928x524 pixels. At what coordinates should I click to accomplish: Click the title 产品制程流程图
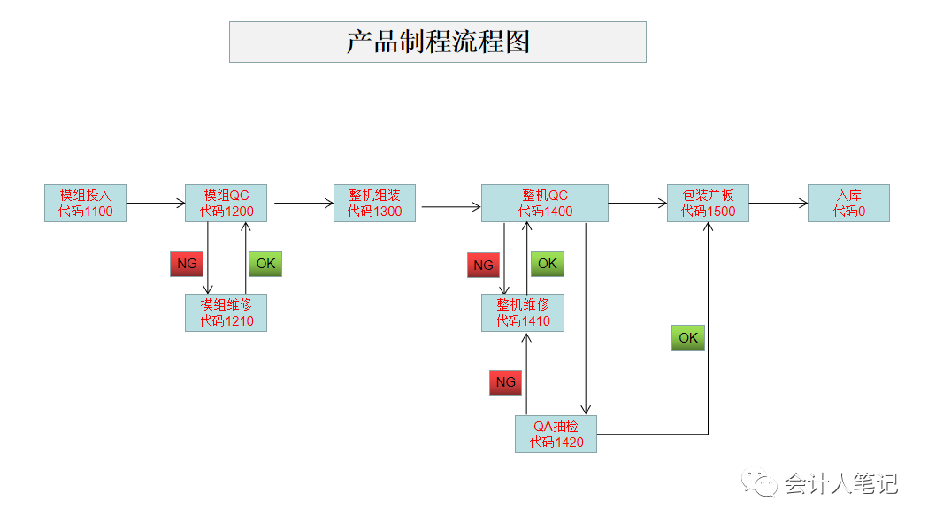coord(438,42)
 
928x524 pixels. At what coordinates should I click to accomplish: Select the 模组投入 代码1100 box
coord(85,203)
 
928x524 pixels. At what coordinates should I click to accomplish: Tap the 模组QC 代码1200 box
coord(226,203)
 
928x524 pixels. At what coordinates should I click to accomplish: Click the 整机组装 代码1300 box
coord(374,203)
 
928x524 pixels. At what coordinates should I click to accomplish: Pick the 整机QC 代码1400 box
coord(545,203)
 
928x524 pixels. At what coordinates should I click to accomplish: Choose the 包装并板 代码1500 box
coord(708,203)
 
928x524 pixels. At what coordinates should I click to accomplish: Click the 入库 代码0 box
coord(848,203)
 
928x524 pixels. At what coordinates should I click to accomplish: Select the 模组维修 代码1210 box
coord(226,312)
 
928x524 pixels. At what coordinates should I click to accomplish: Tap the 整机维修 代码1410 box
coord(523,312)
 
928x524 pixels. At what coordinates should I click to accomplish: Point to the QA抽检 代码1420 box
coord(556,434)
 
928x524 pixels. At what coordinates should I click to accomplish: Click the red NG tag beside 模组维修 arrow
coord(187,264)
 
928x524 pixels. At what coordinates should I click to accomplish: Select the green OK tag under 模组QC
coord(265,264)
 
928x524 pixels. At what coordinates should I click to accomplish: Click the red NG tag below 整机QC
coord(483,265)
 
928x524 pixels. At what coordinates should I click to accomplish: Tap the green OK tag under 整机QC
coord(548,264)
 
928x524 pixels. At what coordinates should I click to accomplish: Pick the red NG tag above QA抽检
coord(505,382)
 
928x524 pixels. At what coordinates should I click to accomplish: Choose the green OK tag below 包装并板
coord(688,338)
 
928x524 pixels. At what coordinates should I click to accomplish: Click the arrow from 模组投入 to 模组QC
coord(156,204)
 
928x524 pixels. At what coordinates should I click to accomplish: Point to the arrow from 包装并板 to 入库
coord(778,204)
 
